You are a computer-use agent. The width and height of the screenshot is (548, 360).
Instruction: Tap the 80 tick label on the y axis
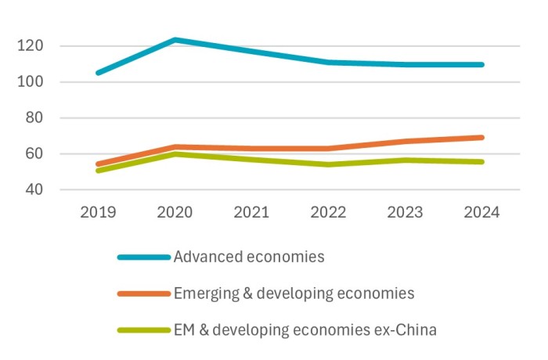click(31, 118)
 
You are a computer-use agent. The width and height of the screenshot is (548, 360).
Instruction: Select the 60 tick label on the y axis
click(31, 154)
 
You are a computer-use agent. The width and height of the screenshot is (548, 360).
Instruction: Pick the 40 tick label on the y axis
click(31, 190)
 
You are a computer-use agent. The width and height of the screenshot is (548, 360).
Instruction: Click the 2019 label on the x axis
click(97, 213)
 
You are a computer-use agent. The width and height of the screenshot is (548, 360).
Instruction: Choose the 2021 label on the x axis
click(251, 213)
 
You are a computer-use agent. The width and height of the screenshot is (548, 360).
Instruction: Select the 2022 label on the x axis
click(327, 213)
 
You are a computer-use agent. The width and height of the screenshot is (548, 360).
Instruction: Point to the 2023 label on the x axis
click(404, 213)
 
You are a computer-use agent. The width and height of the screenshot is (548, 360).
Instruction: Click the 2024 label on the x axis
click(481, 213)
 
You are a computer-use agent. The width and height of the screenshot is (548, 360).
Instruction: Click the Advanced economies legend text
click(249, 257)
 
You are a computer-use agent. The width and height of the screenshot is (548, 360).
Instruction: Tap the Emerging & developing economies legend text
click(294, 293)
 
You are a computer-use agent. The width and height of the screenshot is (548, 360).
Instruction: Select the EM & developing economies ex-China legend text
click(305, 330)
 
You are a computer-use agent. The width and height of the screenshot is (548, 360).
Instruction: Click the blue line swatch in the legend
click(143, 257)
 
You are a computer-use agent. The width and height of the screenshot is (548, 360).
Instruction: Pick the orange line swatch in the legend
click(143, 294)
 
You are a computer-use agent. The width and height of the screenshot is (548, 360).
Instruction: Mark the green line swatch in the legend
click(143, 331)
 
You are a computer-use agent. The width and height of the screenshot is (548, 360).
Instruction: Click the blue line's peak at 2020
click(174, 40)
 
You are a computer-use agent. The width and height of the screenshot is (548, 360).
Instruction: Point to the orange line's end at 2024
click(481, 138)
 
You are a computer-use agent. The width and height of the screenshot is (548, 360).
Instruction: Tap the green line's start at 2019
click(98, 170)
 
